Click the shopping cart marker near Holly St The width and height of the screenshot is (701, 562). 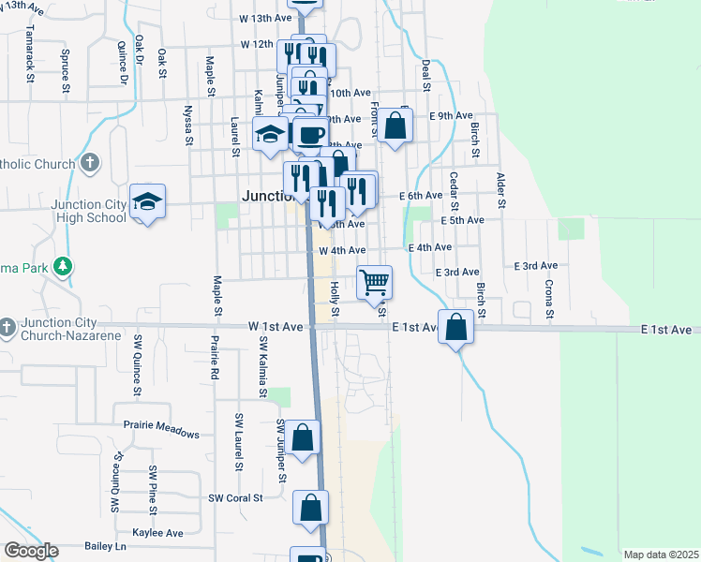[375, 281]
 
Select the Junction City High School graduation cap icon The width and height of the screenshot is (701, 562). [148, 200]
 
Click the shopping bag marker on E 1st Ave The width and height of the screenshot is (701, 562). [455, 328]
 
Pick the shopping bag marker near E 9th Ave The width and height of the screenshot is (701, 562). [396, 126]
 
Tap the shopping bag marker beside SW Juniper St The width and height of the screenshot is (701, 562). [303, 437]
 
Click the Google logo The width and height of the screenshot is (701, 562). [31, 551]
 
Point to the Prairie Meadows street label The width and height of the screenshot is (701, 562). [161, 434]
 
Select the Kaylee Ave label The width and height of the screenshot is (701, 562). [157, 533]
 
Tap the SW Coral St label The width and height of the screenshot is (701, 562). [235, 498]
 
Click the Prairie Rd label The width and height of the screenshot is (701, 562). [215, 357]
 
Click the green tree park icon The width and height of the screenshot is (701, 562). [63, 267]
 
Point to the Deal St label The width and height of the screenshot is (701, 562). [425, 75]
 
